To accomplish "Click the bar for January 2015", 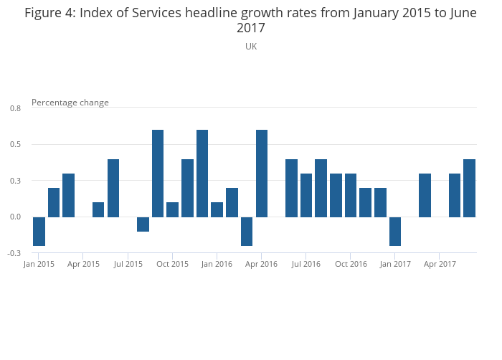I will coord(39,231).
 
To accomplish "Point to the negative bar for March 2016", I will coord(247,231).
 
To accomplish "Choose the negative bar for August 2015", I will coord(143,224).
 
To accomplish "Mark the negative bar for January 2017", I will coord(395,231).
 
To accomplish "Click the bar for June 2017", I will coord(469,188).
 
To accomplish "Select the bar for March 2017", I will coord(425,195).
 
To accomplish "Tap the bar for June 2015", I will coord(113,188).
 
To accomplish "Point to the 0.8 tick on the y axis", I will coord(16,108).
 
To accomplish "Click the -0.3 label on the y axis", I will coord(14,253).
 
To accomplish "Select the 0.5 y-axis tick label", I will coord(16,145).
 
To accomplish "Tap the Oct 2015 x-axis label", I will coord(172,265).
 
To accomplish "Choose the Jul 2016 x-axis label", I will coord(306,265).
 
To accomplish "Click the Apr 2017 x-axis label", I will coord(440,265).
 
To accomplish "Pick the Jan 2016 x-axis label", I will coord(217,265).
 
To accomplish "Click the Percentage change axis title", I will coord(70,103).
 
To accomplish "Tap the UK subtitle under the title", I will coord(251,47).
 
